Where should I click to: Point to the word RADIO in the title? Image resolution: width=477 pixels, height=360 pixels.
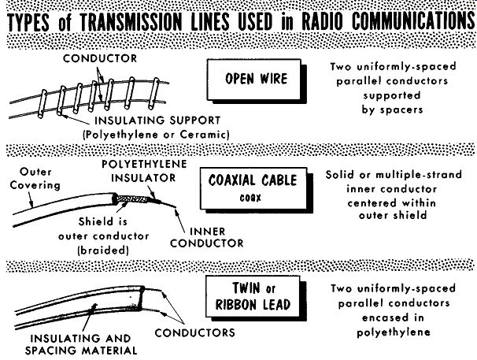(x=322, y=21)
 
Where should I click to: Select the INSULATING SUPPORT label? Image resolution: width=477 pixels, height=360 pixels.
(x=157, y=121)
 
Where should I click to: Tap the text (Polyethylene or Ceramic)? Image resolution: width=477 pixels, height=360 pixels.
(x=156, y=135)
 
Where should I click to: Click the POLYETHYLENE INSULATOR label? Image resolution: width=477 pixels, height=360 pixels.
(x=144, y=171)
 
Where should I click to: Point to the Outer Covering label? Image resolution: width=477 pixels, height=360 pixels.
(x=35, y=179)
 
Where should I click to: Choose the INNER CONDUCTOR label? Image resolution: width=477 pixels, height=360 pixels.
(x=207, y=237)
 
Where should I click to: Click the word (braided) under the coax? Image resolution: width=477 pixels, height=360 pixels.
(x=103, y=251)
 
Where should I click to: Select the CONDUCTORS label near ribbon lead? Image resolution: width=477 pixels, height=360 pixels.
(x=194, y=332)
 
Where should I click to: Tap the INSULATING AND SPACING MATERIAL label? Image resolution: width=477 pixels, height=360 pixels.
(x=81, y=344)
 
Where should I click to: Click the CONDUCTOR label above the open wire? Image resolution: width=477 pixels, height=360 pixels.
(x=100, y=58)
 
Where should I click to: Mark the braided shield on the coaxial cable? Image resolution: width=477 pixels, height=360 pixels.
(x=133, y=199)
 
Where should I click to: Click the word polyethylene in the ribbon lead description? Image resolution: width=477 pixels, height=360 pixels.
(x=394, y=332)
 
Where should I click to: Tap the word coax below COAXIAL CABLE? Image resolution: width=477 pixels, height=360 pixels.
(x=250, y=198)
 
